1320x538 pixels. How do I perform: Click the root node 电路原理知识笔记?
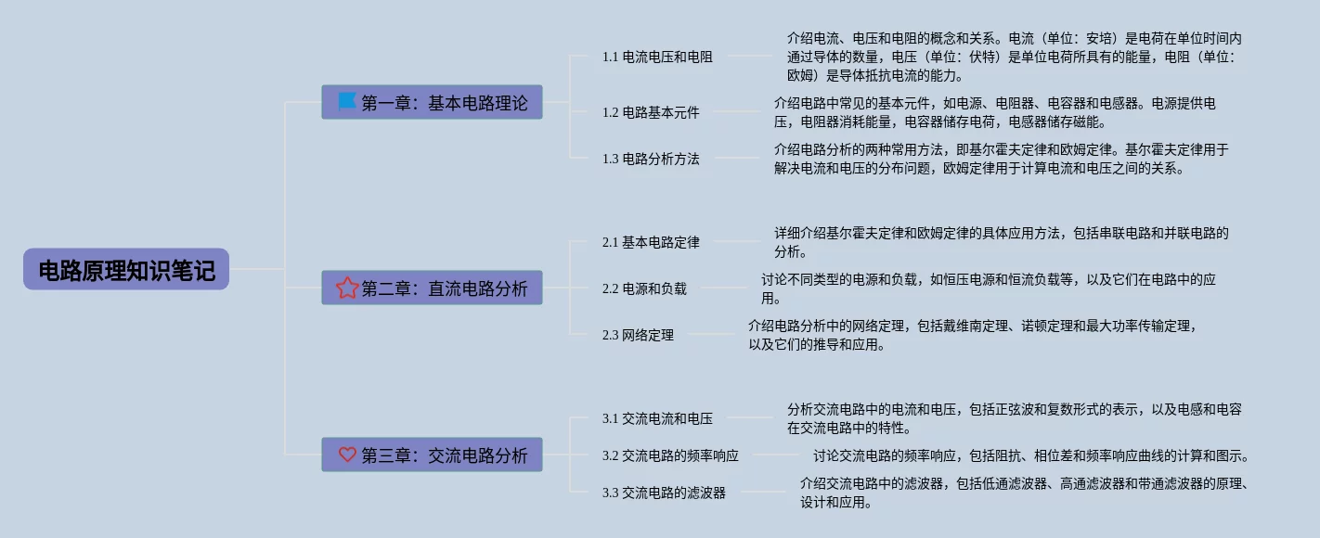pos(126,270)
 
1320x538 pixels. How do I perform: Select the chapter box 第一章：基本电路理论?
pos(432,103)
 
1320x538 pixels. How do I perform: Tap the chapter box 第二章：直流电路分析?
pos(432,288)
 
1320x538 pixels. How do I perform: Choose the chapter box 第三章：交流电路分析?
pos(432,455)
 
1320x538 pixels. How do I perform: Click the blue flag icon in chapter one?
pos(346,101)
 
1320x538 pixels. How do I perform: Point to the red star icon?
pos(347,288)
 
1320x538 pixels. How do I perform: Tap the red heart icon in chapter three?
pos(347,455)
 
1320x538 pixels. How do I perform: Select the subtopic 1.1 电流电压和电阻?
pos(657,57)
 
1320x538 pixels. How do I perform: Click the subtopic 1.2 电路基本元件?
pos(651,112)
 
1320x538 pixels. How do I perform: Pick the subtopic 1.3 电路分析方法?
pos(651,159)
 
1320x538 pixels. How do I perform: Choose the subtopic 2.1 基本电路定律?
pos(651,242)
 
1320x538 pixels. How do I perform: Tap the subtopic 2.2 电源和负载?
pos(644,288)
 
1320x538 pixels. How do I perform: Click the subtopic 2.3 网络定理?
pos(638,335)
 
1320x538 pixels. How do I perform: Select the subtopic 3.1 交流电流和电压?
pos(657,418)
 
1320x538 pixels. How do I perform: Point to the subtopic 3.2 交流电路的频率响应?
pos(670,455)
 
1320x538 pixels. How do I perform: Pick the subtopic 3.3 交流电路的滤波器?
pos(664,493)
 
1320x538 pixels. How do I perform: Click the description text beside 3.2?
pos(1030,455)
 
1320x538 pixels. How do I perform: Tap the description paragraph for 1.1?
pos(1014,57)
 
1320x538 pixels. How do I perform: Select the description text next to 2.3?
pos(972,335)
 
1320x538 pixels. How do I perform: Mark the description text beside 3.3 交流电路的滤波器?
pos(1024,493)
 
